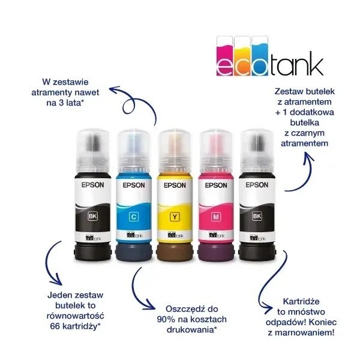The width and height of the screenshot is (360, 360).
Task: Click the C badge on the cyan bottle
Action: [x=134, y=217]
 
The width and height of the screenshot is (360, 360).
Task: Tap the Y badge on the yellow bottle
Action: [x=175, y=217]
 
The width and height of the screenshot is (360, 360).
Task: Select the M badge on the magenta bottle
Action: [x=216, y=217]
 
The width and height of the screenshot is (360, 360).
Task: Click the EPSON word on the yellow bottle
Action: [x=175, y=185]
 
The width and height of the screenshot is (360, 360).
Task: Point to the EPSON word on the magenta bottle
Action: [x=216, y=185]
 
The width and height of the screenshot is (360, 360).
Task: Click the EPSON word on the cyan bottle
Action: [x=134, y=185]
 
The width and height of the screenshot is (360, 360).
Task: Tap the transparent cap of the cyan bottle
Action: [x=134, y=152]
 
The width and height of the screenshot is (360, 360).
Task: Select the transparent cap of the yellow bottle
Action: [x=175, y=152]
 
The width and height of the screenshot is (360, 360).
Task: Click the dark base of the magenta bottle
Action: [x=216, y=252]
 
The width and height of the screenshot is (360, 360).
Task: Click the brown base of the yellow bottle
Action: [x=175, y=252]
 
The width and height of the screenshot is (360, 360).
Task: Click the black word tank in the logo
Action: [x=296, y=64]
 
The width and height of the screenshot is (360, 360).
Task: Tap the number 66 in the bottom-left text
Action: [x=55, y=326]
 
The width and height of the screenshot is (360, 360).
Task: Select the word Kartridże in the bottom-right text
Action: [x=301, y=302]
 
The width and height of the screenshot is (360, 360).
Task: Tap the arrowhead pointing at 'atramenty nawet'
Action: [x=114, y=90]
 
